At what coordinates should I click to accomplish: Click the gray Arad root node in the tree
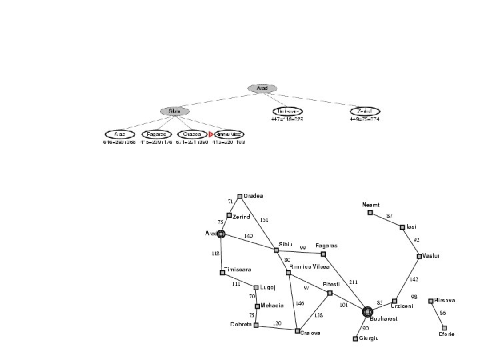tap(262, 87)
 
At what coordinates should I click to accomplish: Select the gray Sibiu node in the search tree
tap(175, 111)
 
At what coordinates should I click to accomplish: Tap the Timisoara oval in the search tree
tap(289, 111)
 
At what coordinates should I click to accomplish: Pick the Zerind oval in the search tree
tap(365, 111)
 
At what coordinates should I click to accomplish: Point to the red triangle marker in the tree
tap(211, 134)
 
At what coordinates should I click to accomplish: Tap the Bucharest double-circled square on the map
tap(367, 311)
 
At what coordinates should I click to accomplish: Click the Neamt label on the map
tap(370, 204)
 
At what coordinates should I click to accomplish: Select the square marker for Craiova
tap(297, 330)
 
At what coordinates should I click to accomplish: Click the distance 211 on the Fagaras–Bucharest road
tap(353, 282)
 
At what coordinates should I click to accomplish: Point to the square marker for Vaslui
tap(419, 256)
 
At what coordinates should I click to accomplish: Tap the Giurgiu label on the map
tap(369, 339)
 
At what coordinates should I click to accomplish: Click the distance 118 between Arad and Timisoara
tap(215, 253)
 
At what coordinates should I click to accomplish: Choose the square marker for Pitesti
tap(330, 292)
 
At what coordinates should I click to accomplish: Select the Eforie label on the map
tap(447, 334)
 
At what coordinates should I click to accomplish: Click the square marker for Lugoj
tap(256, 288)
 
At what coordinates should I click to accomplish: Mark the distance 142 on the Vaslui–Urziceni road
tap(414, 279)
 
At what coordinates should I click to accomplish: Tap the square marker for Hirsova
tap(431, 301)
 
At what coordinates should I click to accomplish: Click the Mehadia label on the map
tap(273, 305)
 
